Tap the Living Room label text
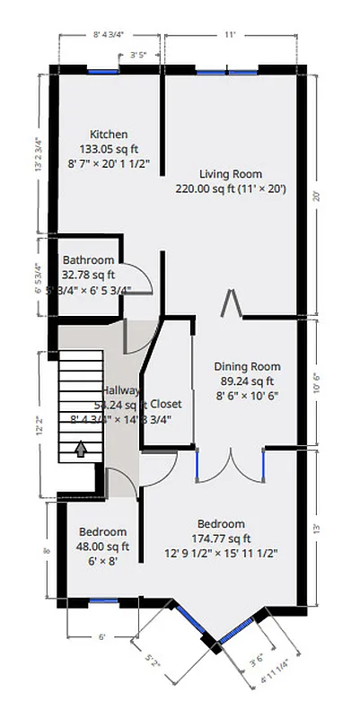click(x=231, y=174)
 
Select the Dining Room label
click(x=246, y=366)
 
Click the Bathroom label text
click(x=88, y=260)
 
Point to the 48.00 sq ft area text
click(x=101, y=546)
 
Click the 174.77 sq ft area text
click(x=221, y=538)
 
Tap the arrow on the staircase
click(x=82, y=449)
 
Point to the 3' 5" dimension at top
click(x=138, y=55)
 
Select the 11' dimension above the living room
click(x=230, y=36)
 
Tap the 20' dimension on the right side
click(x=315, y=197)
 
